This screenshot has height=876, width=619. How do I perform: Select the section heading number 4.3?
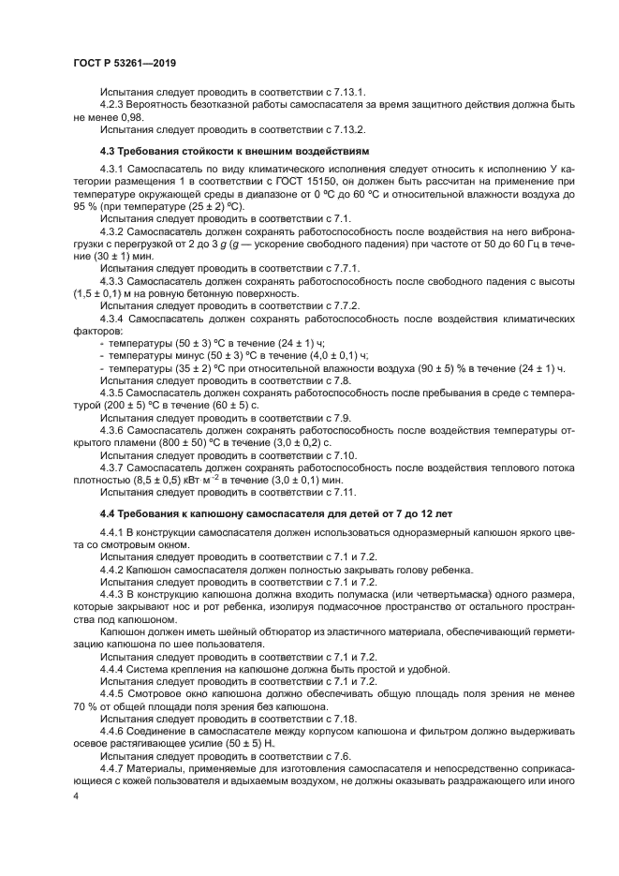(109, 150)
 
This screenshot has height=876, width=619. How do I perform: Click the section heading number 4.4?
(109, 514)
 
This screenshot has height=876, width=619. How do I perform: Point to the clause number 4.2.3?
(114, 106)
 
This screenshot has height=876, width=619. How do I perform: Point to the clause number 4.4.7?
(114, 767)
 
